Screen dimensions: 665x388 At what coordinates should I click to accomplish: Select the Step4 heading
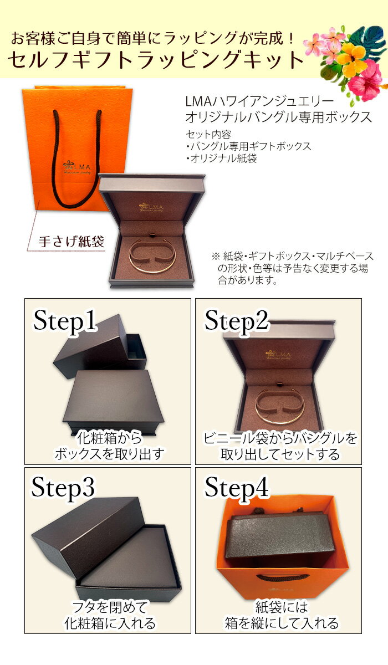[x=237, y=488]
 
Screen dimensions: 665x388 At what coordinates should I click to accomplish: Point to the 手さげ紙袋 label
[x=71, y=242]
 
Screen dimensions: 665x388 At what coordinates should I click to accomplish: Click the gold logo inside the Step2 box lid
[x=278, y=355]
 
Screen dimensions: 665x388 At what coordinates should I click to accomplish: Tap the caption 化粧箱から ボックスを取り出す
[x=109, y=447]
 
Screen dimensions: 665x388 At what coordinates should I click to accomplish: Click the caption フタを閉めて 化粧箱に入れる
[x=109, y=615]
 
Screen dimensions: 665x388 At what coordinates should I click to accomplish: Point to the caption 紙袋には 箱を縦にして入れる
[x=280, y=615]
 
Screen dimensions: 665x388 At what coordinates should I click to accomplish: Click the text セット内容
[x=208, y=135]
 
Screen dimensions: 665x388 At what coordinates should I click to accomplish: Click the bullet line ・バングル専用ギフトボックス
[x=248, y=146]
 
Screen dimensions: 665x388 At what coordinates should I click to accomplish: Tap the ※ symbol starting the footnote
[x=215, y=257]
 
